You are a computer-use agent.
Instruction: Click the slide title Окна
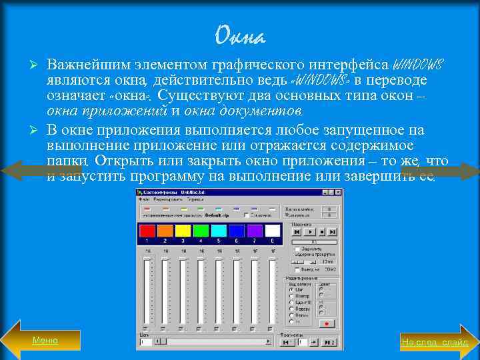[x=241, y=35]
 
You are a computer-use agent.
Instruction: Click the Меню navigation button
[x=45, y=341]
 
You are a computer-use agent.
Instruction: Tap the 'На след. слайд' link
[x=434, y=342]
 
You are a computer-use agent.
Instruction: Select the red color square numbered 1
[x=147, y=231]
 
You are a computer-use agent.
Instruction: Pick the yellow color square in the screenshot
[x=183, y=231]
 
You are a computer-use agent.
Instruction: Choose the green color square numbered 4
[x=201, y=231]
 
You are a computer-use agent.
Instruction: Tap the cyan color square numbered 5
[x=219, y=231]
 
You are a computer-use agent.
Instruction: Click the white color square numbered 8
[x=273, y=231]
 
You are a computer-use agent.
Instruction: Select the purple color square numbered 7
[x=255, y=231]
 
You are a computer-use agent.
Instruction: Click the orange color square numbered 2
[x=165, y=231]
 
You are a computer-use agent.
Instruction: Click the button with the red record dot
[x=327, y=323]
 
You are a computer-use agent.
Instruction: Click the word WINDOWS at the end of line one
[x=418, y=65]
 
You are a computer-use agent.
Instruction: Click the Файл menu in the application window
[x=144, y=199]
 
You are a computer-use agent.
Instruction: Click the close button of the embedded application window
[x=338, y=191]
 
